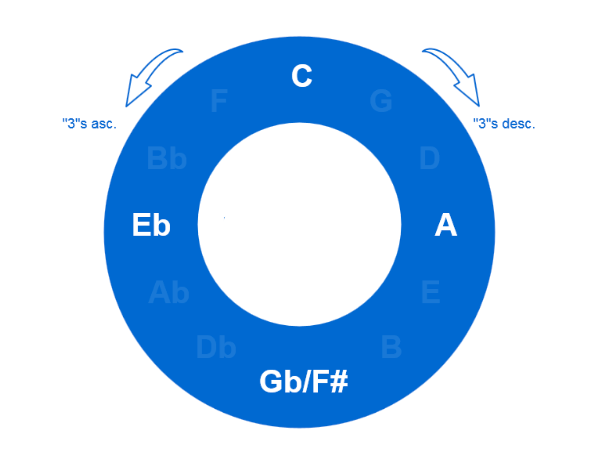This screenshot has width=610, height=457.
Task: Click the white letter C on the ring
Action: point(302,76)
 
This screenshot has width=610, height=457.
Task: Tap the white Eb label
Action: point(151,225)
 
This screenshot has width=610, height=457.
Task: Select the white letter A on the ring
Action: point(446,225)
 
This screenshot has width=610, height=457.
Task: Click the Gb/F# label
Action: point(303,381)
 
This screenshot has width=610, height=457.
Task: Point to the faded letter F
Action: point(219,101)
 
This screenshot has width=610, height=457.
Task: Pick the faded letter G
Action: point(381,101)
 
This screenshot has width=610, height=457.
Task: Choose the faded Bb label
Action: point(167,158)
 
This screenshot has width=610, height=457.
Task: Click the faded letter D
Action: point(429,158)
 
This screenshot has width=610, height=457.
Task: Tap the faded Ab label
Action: point(169,292)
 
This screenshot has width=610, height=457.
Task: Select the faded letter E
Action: point(431,292)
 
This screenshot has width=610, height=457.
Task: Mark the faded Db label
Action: point(216,347)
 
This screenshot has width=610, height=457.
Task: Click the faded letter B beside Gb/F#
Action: point(391,347)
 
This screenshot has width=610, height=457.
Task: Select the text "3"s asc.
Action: point(90,124)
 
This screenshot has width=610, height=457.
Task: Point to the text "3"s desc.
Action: point(504,124)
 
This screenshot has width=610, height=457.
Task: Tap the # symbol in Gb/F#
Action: point(339,381)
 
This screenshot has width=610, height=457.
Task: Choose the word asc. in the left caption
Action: point(104,124)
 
